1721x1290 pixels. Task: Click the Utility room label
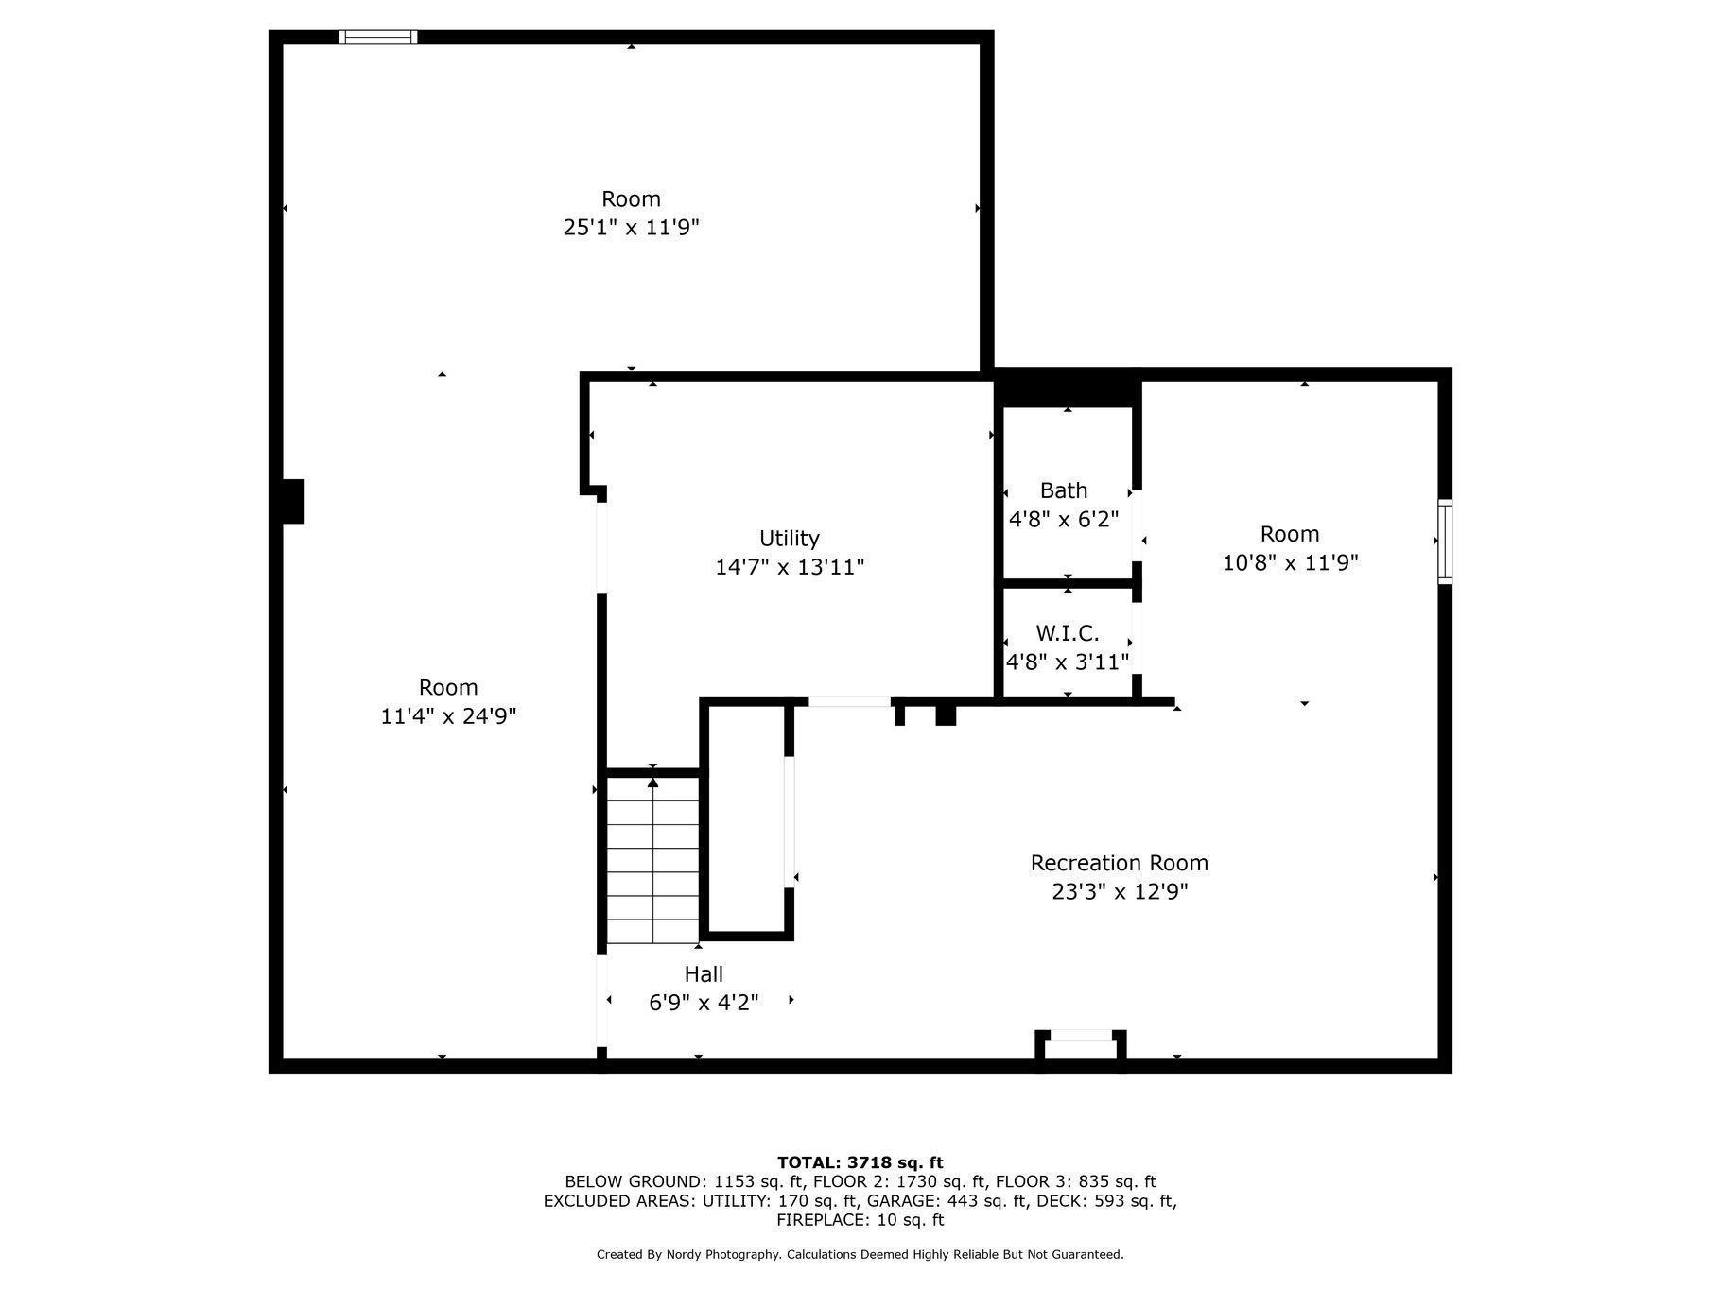[x=789, y=538]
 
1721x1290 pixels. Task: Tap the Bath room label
[x=1064, y=490]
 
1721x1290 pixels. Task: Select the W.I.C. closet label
[x=1068, y=632]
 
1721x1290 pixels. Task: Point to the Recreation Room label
[x=1119, y=862]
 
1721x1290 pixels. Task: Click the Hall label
[x=704, y=973]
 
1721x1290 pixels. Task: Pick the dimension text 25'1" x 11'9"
[x=631, y=227]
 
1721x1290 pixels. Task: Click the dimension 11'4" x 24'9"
[x=448, y=715]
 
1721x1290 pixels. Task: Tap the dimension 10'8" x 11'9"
[x=1290, y=562]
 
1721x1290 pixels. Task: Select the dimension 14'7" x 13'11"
[x=790, y=567]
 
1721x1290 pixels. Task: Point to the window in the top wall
[x=378, y=37]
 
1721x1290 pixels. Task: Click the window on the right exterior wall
[x=1445, y=542]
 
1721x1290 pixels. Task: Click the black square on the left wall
[x=293, y=501]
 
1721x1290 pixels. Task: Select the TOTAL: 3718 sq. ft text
[x=860, y=1162]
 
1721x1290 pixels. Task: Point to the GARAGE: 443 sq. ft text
[x=954, y=1201]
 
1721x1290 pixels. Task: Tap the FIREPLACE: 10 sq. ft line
[x=860, y=1220]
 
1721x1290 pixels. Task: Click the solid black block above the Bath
[x=1068, y=389]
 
